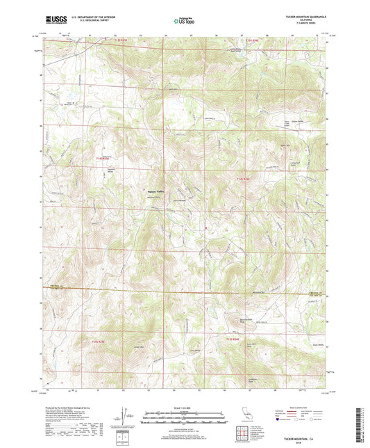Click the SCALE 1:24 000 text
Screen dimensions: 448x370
[184, 407]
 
